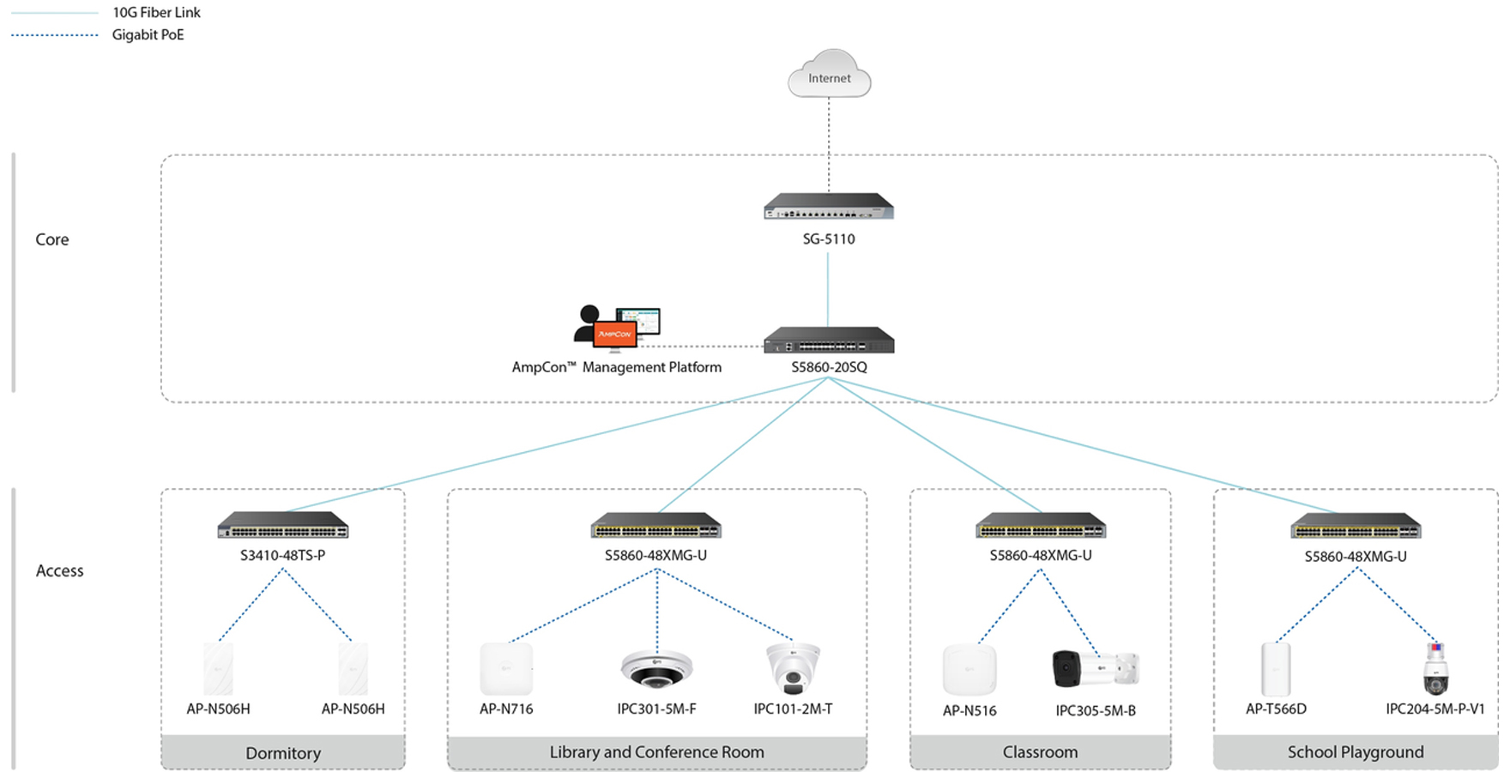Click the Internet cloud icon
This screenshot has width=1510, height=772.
pyautogui.click(x=829, y=75)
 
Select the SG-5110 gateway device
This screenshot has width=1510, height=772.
pyautogui.click(x=829, y=207)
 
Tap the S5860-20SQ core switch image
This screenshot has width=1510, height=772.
pyautogui.click(x=829, y=341)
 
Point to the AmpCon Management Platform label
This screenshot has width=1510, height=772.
pyautogui.click(x=616, y=367)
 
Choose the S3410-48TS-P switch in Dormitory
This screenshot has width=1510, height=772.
pyautogui.click(x=283, y=525)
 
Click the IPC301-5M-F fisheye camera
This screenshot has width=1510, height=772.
pyautogui.click(x=656, y=669)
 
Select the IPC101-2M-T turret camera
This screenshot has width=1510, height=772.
pyautogui.click(x=793, y=669)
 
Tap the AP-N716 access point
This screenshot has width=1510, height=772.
pyautogui.click(x=506, y=669)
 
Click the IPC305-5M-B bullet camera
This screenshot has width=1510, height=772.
pyautogui.click(x=1096, y=669)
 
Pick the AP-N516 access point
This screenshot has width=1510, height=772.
pyautogui.click(x=969, y=670)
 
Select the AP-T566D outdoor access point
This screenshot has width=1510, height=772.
pyautogui.click(x=1276, y=669)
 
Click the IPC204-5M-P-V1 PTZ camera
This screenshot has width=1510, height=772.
pyautogui.click(x=1435, y=669)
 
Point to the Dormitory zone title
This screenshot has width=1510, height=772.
pyautogui.click(x=283, y=753)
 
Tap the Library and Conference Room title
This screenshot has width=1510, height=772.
pyautogui.click(x=656, y=752)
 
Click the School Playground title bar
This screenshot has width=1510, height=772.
pyautogui.click(x=1355, y=752)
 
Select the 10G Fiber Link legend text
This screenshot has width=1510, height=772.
pyautogui.click(x=156, y=13)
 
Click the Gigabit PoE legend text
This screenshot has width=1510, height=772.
pyautogui.click(x=148, y=35)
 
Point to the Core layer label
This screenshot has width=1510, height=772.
pyautogui.click(x=52, y=240)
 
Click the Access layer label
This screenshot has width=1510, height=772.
pyautogui.click(x=59, y=571)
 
